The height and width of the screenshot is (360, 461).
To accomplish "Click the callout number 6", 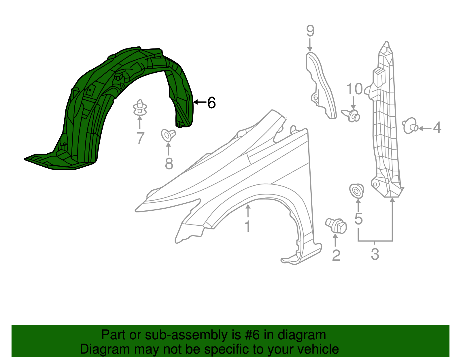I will tap(211, 103).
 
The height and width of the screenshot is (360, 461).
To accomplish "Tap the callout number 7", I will tap(140, 138).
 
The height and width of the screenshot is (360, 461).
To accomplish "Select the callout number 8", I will tap(169, 164).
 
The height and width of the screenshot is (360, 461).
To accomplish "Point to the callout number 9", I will tap(310, 31).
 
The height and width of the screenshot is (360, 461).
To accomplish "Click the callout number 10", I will tap(354, 89).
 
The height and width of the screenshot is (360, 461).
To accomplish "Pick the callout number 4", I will tap(437, 128).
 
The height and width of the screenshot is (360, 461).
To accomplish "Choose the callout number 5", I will tap(358, 219).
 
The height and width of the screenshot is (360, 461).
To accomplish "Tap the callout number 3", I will tap(375, 254).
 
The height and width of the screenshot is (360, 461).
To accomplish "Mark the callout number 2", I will tap(336, 255).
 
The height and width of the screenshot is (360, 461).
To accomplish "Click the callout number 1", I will tap(247, 226).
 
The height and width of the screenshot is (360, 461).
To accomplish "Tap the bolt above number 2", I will tap(336, 226).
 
